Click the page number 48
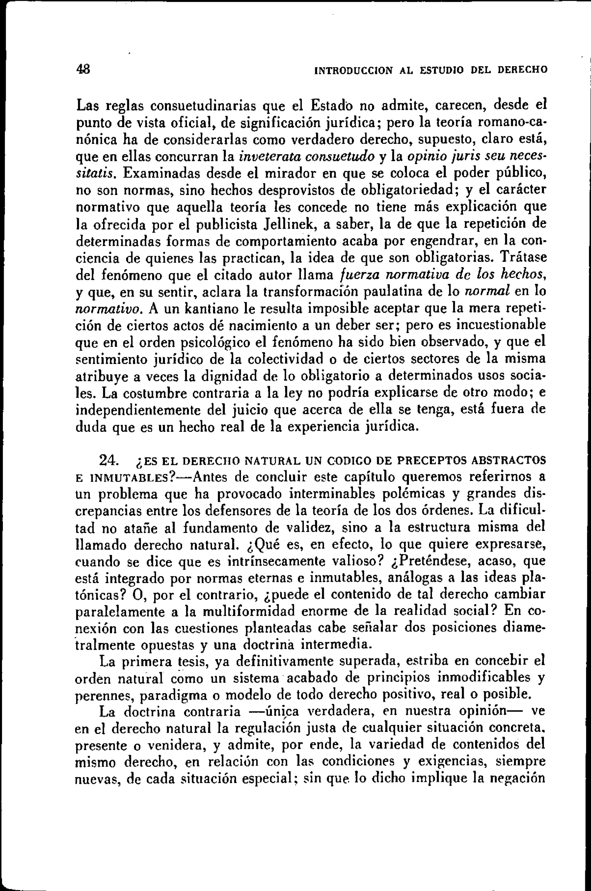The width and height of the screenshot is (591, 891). (83, 69)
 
